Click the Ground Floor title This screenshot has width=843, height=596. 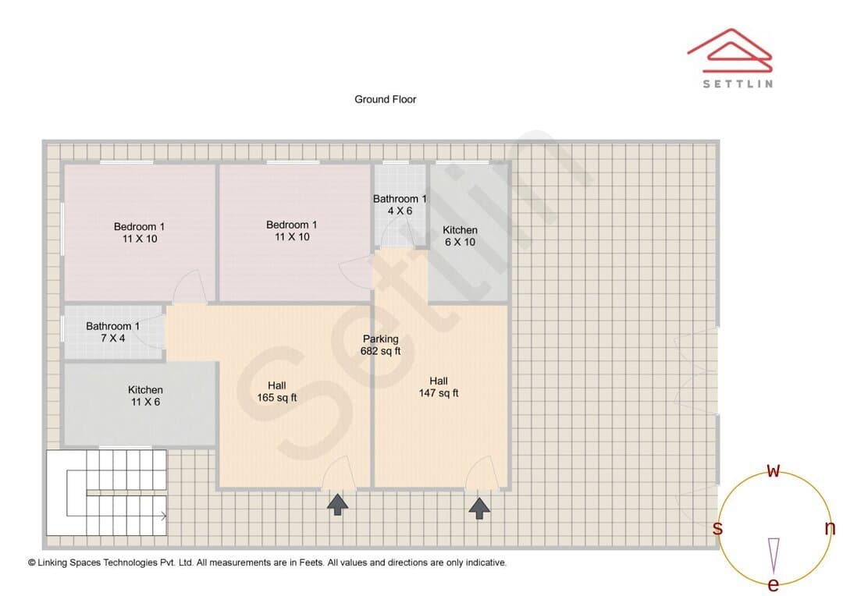(385, 99)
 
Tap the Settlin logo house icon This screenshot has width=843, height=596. (730, 51)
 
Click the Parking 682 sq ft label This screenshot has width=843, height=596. (381, 345)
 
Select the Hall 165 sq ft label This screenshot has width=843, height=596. (277, 392)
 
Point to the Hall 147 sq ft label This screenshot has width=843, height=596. (439, 387)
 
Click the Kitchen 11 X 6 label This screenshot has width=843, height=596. (145, 396)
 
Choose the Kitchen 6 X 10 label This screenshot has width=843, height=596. (461, 236)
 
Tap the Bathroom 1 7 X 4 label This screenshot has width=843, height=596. (113, 332)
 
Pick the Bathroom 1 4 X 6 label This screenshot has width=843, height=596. (400, 204)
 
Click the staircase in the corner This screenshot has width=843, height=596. (106, 492)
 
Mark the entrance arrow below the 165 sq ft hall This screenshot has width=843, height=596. (338, 505)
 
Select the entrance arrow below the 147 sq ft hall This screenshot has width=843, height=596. (479, 509)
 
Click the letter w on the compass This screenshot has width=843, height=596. (773, 470)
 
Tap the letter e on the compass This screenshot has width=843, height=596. (773, 584)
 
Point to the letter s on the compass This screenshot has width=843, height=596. (717, 528)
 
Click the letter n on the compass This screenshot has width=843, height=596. (830, 528)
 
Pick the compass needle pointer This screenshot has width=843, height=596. (774, 555)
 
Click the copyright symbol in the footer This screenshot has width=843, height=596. (32, 562)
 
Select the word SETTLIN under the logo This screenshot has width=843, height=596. (738, 83)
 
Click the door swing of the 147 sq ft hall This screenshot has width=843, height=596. (479, 473)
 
